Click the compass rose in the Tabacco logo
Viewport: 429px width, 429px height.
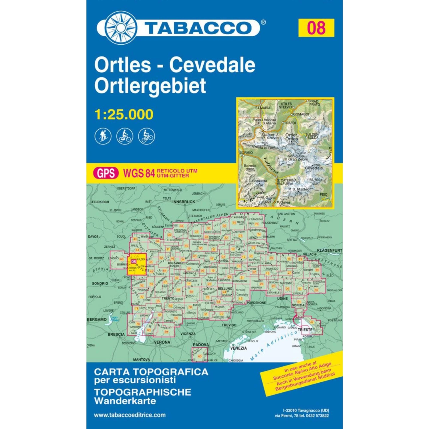(121, 28)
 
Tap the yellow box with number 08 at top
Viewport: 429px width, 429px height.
(316, 28)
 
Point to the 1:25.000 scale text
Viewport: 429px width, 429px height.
(124, 114)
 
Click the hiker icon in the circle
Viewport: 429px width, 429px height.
(103, 136)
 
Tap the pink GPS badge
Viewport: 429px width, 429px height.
(106, 173)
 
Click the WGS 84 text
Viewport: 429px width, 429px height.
(139, 173)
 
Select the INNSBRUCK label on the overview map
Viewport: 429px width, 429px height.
(184, 202)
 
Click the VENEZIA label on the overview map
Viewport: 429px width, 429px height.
(238, 348)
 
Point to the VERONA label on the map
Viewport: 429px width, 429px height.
(162, 342)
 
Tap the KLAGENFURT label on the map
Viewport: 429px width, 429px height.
(329, 251)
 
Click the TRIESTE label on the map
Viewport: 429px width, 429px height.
(305, 330)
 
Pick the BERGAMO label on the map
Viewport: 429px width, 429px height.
(97, 319)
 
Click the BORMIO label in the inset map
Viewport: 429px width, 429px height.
(246, 153)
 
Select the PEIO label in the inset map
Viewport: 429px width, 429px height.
(323, 194)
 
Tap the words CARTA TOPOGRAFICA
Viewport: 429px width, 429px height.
(151, 372)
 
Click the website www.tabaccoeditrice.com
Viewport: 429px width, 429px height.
(130, 415)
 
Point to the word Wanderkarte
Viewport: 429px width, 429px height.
(125, 401)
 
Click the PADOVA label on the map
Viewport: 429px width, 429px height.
(200, 345)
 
